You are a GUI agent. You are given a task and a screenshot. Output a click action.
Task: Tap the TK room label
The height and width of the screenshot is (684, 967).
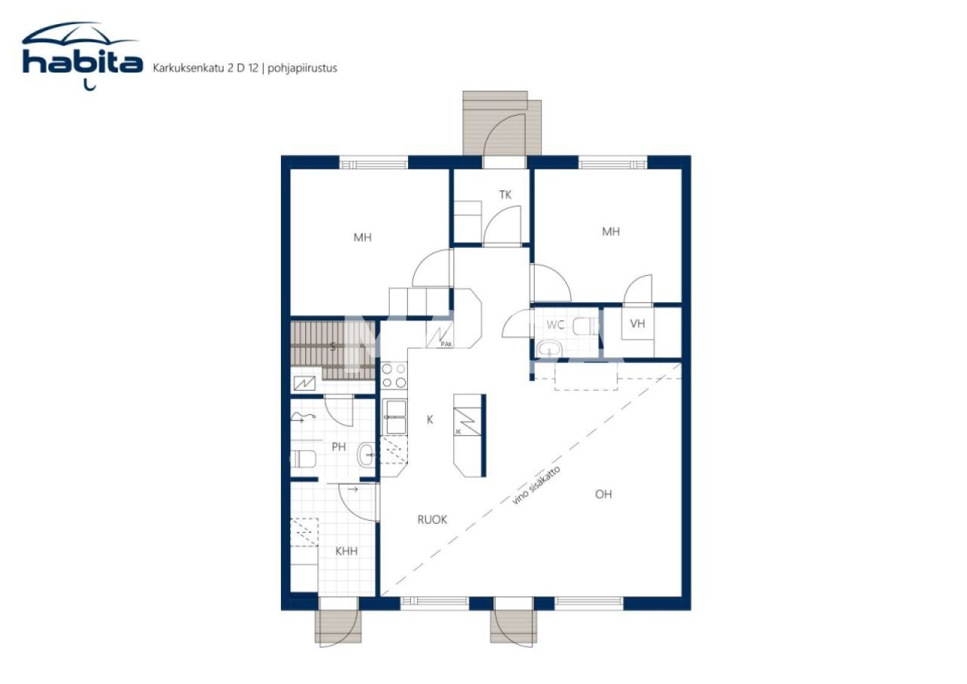[x=505, y=195]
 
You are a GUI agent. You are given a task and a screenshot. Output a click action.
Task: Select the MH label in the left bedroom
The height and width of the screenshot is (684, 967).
[x=363, y=237]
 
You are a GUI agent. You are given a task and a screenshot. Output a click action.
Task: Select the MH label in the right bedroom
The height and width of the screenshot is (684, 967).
[x=610, y=232]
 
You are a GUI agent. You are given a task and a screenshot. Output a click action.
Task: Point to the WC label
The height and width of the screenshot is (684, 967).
[x=555, y=325]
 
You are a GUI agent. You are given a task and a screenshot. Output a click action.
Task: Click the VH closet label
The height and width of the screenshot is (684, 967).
[x=638, y=324]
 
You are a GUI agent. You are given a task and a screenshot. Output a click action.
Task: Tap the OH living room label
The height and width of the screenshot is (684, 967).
[x=603, y=494]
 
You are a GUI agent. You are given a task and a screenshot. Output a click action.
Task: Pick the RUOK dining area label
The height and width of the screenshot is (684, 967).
[x=432, y=520]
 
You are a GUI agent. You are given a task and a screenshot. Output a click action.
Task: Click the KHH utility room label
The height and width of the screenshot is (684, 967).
[x=346, y=552]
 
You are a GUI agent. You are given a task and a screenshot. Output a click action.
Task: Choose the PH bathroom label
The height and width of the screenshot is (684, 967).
[x=338, y=447]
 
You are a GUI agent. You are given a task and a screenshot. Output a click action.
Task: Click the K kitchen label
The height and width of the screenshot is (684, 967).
[x=430, y=419]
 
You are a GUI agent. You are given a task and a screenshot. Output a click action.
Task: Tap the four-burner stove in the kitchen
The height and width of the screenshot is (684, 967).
[x=394, y=376]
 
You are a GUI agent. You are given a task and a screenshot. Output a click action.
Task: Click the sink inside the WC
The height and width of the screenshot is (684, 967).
[x=549, y=348]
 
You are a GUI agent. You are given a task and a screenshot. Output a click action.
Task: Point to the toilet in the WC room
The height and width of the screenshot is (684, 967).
[x=585, y=327]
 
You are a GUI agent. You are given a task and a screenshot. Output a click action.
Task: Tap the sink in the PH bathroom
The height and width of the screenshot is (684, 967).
[x=366, y=453]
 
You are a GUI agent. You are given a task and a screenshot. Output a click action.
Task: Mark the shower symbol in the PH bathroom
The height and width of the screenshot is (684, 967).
[x=302, y=417]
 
